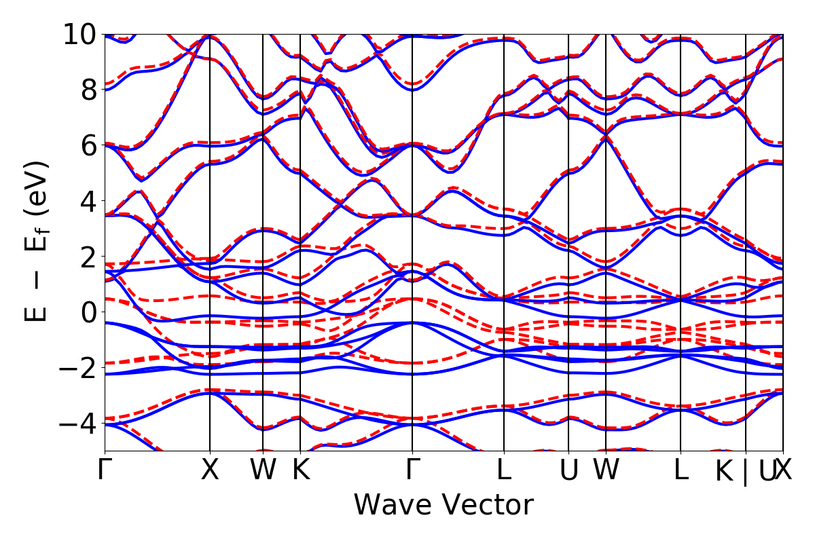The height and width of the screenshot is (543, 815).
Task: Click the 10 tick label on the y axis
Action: tap(80, 34)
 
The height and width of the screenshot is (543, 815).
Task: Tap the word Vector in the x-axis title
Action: tap(486, 506)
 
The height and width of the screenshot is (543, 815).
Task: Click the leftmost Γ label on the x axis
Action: tap(105, 470)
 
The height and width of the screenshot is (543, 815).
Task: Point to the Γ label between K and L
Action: tap(412, 470)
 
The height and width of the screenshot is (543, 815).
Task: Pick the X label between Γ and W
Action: tap(210, 470)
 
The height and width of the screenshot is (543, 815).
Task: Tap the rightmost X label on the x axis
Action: tap(784, 470)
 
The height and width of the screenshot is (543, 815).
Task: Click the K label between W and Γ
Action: tap(300, 470)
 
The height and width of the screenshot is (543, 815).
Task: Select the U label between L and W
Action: tap(568, 470)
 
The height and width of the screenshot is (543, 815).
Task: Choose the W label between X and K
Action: tap(263, 470)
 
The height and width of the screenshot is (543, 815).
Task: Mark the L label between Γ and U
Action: tap(504, 470)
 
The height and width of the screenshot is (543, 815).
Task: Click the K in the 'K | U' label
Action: tap(725, 472)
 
